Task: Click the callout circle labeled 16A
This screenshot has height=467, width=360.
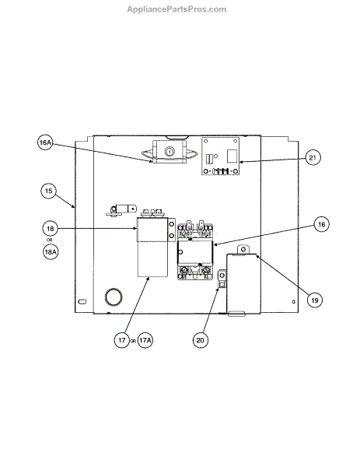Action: coord(45,142)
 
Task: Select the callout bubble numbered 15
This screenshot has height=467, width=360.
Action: coord(48,191)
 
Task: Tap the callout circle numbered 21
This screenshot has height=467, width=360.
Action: coord(313,157)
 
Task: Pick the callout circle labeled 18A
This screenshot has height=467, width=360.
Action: coord(51,252)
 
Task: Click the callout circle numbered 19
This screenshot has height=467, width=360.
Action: coord(315,300)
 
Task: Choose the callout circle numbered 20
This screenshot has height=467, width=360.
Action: coord(201,340)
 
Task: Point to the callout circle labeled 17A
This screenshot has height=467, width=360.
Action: coord(145,340)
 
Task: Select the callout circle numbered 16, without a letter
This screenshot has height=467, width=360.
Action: coord(322,224)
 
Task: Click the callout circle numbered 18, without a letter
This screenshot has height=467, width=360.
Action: coord(51,229)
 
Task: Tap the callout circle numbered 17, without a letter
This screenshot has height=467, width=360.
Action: coord(122,340)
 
